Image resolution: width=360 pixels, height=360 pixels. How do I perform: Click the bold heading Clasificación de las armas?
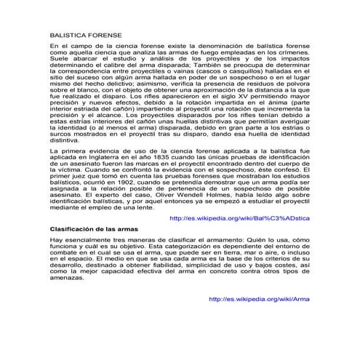[x=93, y=228]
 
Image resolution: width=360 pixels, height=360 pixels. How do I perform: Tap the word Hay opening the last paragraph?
[x=55, y=239]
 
